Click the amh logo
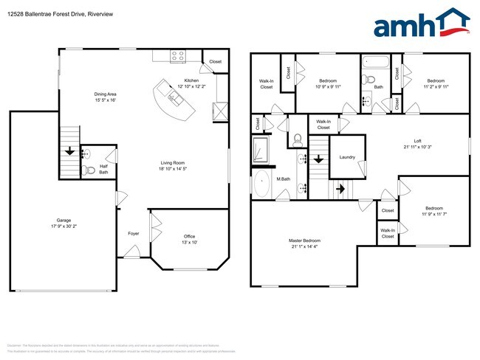tap(422, 24)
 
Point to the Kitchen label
tap(191, 80)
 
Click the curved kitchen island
tap(174, 103)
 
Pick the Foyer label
tap(134, 233)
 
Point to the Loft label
tap(417, 143)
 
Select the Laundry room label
tap(347, 157)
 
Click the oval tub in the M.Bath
tap(262, 184)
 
